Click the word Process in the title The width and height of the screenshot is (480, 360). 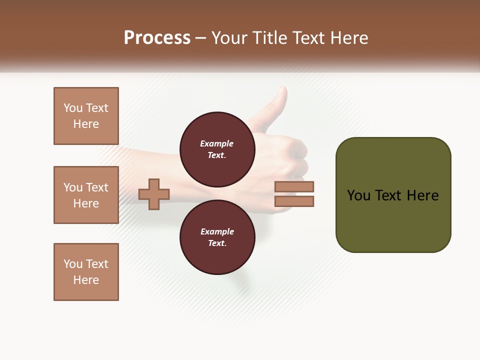(x=157, y=38)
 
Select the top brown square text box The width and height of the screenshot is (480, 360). (x=86, y=116)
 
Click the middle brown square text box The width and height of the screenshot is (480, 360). (x=86, y=195)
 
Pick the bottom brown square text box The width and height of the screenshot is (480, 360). (x=86, y=272)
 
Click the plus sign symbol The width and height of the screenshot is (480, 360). (x=154, y=194)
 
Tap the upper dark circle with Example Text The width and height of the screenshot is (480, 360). (x=217, y=149)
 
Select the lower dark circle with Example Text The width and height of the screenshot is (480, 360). (x=217, y=237)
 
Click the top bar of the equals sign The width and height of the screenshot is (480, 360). (x=294, y=186)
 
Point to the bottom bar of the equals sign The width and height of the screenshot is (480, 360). (x=294, y=201)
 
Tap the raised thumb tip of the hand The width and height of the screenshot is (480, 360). (x=281, y=93)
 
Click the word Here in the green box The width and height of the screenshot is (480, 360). (x=422, y=195)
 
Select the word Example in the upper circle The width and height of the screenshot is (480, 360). (x=217, y=143)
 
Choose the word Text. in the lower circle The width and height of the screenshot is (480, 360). (x=217, y=243)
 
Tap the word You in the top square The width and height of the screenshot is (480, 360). (x=73, y=108)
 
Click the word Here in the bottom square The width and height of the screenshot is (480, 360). (x=86, y=280)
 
